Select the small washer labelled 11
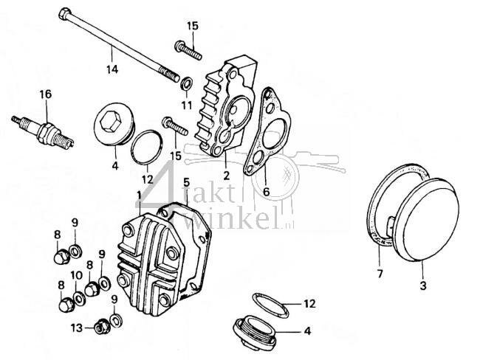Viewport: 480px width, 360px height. tap(185, 81)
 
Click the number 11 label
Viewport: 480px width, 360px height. tap(187, 105)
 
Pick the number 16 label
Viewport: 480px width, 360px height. tap(46, 94)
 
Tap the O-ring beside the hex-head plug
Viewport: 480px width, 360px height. tap(144, 145)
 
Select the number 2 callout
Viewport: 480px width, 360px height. tap(226, 176)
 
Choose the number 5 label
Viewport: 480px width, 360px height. tap(187, 182)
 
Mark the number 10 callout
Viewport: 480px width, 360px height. tap(75, 275)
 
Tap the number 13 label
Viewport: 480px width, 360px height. tap(75, 327)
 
